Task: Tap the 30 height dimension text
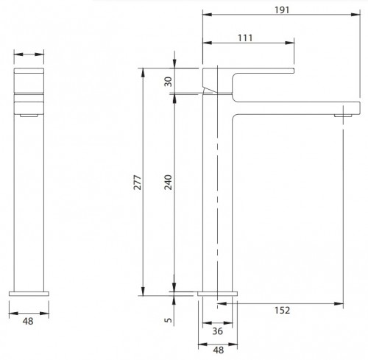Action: coord(168,82)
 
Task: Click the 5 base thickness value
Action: coord(168,321)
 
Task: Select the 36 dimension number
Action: coord(219,333)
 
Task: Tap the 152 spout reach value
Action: coord(282,311)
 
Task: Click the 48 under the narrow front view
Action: coord(29,321)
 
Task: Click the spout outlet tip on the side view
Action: coord(344,115)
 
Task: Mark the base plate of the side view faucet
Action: coord(219,294)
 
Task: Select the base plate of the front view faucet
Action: coord(29,294)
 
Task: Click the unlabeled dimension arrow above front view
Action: coord(29,54)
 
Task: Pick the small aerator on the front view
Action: coord(29,115)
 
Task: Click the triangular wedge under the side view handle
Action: coord(210,90)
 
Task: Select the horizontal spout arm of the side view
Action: coord(294,107)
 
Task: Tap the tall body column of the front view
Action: coord(29,199)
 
